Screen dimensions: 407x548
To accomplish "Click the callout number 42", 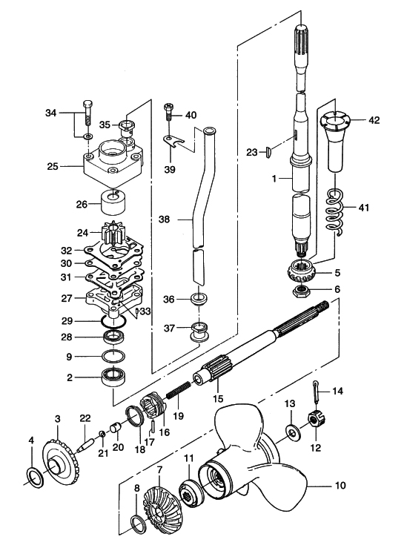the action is (x=374, y=120).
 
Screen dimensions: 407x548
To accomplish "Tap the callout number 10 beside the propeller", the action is (x=340, y=486).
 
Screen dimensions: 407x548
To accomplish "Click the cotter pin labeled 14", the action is (x=316, y=392).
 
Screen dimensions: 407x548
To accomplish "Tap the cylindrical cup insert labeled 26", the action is (x=113, y=202).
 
